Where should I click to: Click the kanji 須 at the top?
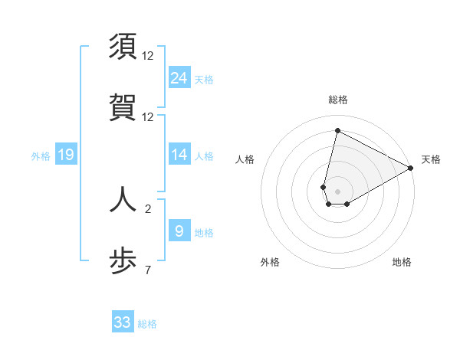click(x=123, y=47)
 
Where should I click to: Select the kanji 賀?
click(x=123, y=106)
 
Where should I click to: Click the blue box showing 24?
click(x=179, y=77)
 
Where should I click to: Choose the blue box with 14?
click(x=179, y=155)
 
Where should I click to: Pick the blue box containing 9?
click(x=179, y=231)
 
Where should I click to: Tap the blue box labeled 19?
click(x=66, y=155)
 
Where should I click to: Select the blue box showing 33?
click(x=123, y=322)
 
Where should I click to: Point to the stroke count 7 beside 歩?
click(x=148, y=270)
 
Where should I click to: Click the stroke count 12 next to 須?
click(x=148, y=56)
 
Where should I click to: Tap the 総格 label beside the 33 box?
click(x=148, y=324)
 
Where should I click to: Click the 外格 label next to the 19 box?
click(x=41, y=155)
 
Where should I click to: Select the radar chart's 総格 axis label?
click(x=338, y=100)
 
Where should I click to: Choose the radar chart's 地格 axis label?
click(x=402, y=262)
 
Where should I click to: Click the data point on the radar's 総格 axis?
click(x=337, y=131)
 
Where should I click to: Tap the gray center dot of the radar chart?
click(x=338, y=191)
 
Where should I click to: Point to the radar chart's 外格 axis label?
click(x=270, y=262)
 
